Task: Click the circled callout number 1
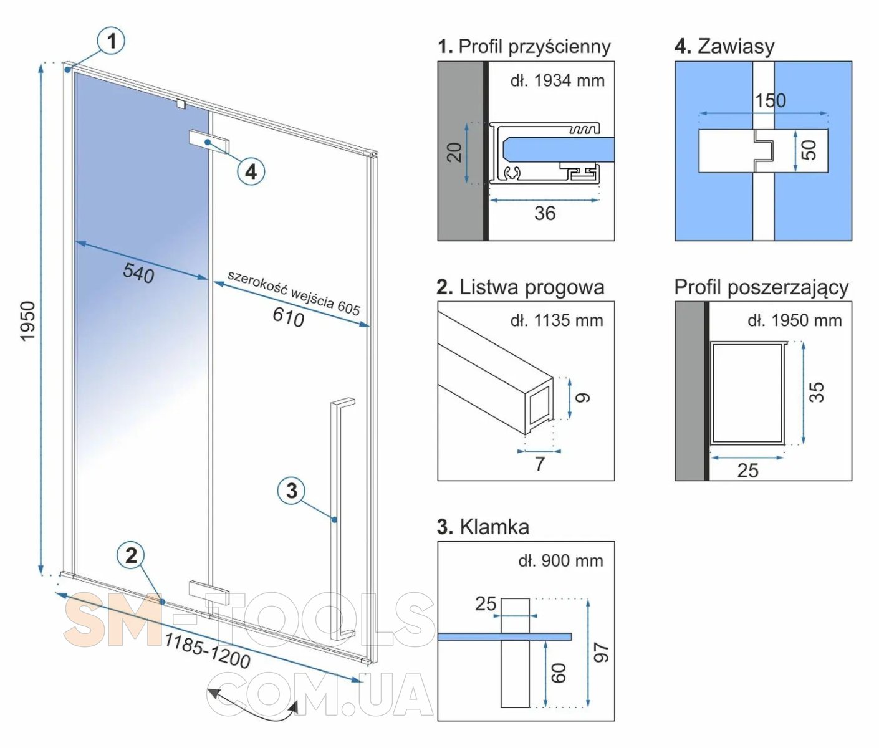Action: [x=112, y=41]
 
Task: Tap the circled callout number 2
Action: [x=131, y=555]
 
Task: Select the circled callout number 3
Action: [x=291, y=491]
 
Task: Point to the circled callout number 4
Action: [x=251, y=171]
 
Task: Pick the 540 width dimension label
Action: [x=138, y=272]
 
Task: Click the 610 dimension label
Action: [x=288, y=317]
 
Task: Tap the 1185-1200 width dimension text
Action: [x=207, y=650]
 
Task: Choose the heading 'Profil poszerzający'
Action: [x=761, y=287]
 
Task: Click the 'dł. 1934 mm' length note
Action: [x=557, y=80]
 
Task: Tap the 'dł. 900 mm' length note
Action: [x=560, y=561]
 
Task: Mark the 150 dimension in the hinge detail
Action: [x=771, y=100]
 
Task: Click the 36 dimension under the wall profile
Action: [x=544, y=214]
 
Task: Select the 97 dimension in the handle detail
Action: [x=601, y=653]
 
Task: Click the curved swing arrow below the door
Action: [x=253, y=704]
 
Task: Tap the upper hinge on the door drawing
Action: [x=209, y=140]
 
